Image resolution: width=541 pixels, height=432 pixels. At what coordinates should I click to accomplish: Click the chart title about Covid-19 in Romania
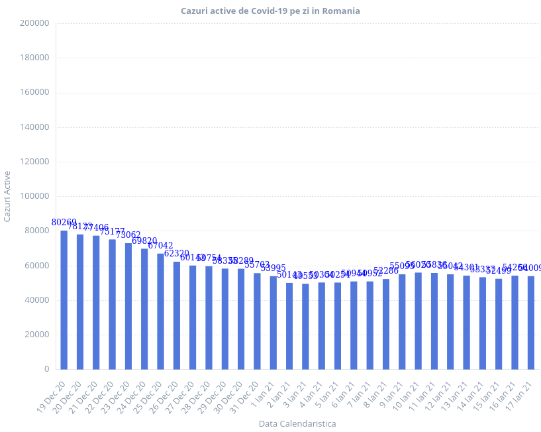click(270, 11)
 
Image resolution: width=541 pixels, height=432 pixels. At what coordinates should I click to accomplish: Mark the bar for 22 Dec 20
click(112, 304)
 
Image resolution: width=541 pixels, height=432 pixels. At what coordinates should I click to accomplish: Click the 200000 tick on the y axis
click(35, 23)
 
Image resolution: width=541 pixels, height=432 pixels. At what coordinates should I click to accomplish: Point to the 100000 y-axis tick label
click(35, 196)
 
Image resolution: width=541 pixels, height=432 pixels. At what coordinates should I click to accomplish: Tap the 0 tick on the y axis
click(46, 369)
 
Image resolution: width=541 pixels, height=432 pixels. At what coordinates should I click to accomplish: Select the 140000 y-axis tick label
click(35, 127)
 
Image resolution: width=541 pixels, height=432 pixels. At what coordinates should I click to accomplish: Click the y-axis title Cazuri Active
click(7, 196)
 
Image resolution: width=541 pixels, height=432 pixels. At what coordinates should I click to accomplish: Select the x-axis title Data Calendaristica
click(297, 423)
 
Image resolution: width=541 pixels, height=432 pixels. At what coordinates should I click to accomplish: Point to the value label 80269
click(64, 222)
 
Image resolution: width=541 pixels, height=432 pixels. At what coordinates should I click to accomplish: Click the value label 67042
click(161, 245)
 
